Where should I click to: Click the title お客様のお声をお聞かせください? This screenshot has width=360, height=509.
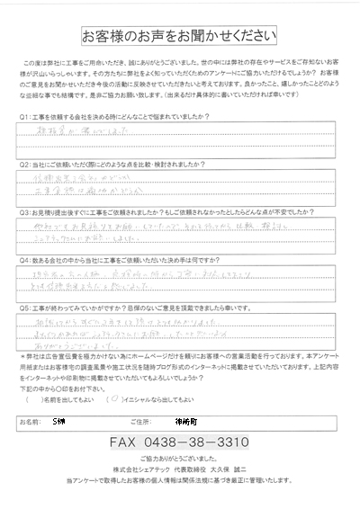coord(181,36)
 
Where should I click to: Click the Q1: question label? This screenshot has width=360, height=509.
coord(24,117)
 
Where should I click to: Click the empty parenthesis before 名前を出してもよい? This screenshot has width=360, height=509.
coord(39,397)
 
